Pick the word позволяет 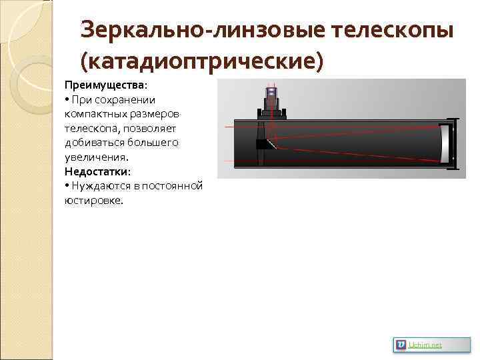(x=142, y=128)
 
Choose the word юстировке (x=93, y=200)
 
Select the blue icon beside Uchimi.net (x=400, y=345)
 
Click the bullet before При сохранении (x=67, y=100)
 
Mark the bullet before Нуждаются (x=67, y=186)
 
